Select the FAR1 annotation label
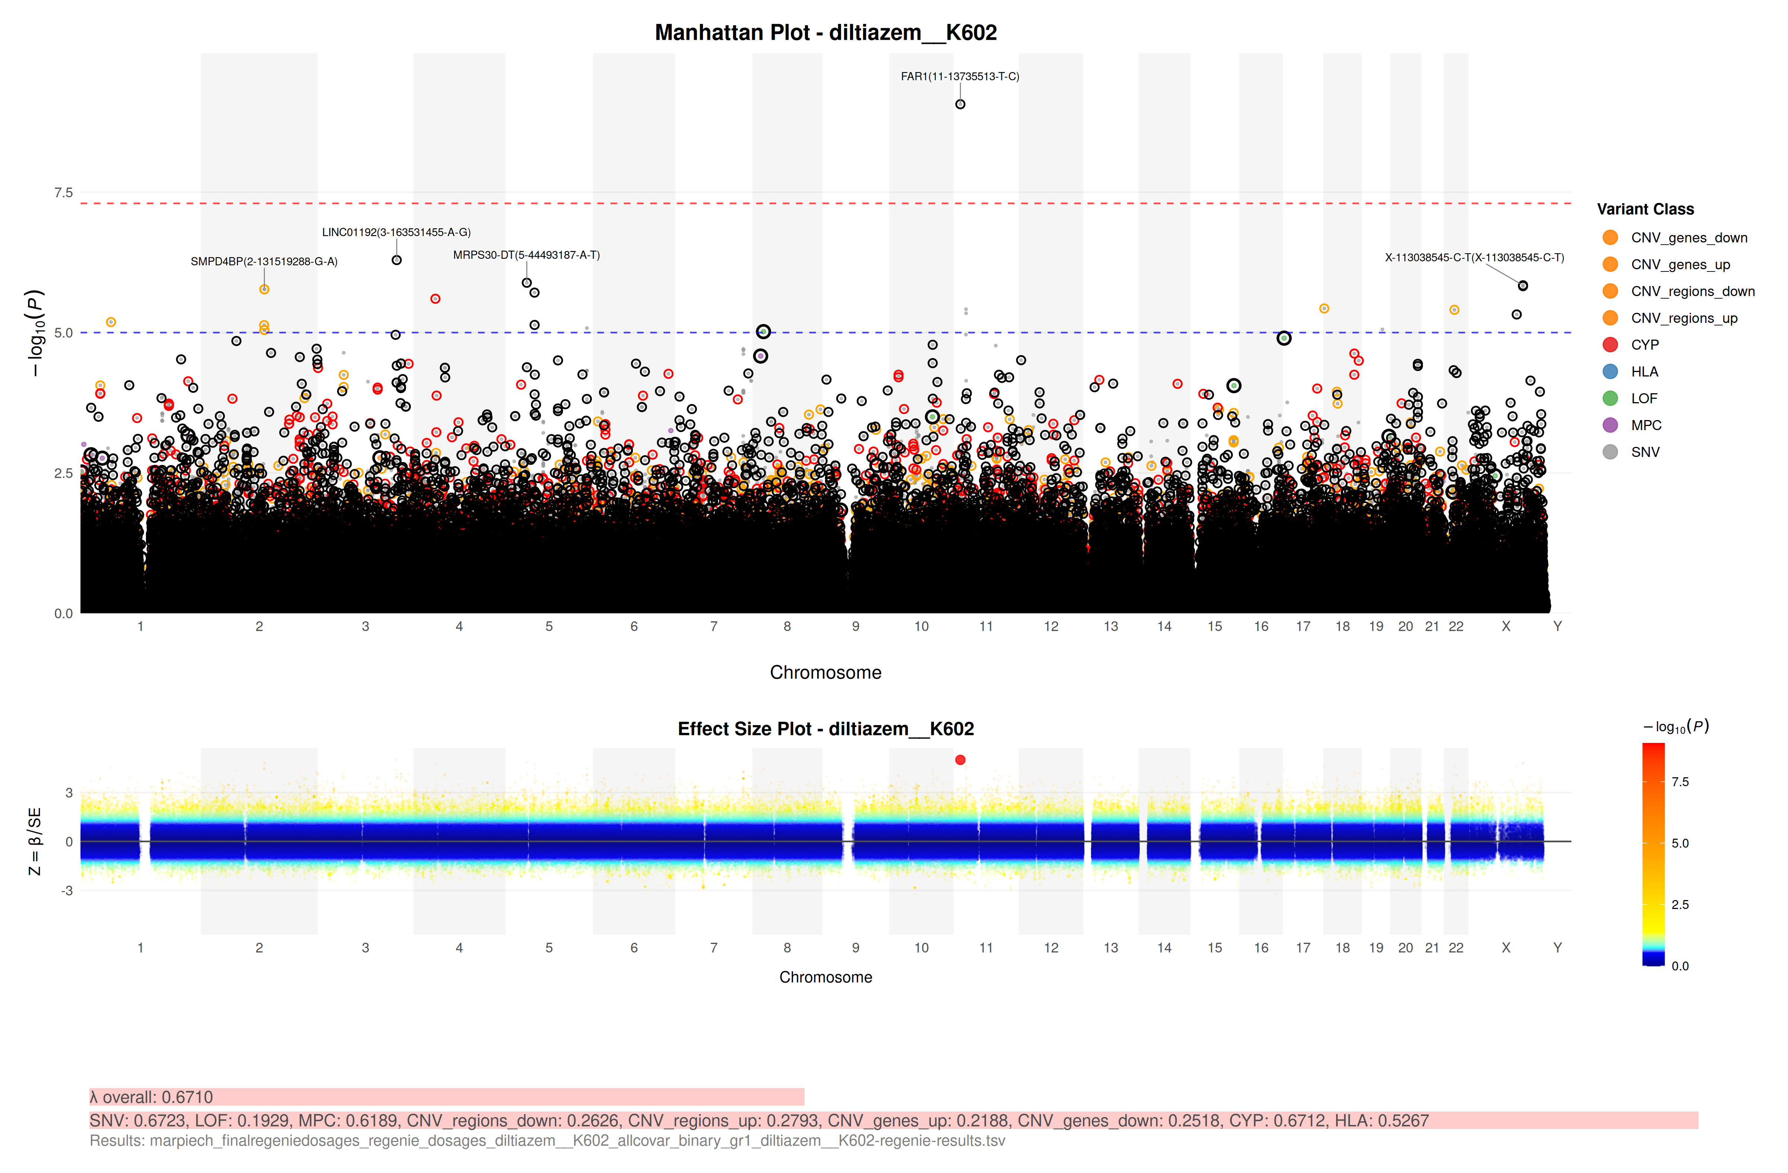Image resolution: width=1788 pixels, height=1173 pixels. click(x=959, y=77)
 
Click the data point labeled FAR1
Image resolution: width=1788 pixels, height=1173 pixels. click(x=960, y=104)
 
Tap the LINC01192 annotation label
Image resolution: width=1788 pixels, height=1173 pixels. click(x=396, y=232)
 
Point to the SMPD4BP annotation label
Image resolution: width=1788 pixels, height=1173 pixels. click(x=264, y=261)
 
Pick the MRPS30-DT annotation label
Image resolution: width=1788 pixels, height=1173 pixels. click(x=526, y=255)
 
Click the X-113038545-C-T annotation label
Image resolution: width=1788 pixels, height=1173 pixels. click(x=1474, y=258)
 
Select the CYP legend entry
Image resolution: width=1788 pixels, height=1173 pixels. click(x=1645, y=345)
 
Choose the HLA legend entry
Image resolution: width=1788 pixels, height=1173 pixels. click(x=1645, y=372)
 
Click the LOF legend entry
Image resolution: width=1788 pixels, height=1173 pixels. click(x=1644, y=399)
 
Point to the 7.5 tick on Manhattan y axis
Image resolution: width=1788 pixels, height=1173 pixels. click(x=63, y=193)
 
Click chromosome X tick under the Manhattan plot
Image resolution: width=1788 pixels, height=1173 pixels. click(x=1506, y=626)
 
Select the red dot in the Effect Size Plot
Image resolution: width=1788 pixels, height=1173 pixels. click(x=960, y=760)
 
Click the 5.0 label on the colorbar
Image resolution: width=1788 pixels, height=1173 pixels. click(x=1680, y=843)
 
